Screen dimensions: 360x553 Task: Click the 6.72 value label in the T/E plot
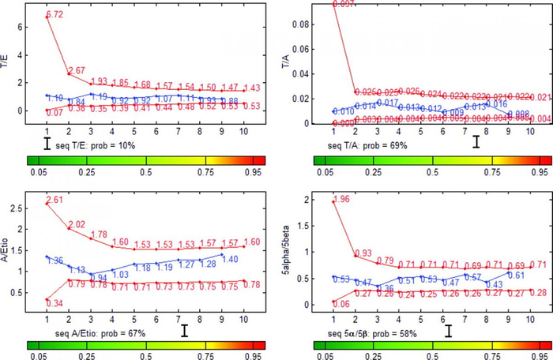55,15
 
